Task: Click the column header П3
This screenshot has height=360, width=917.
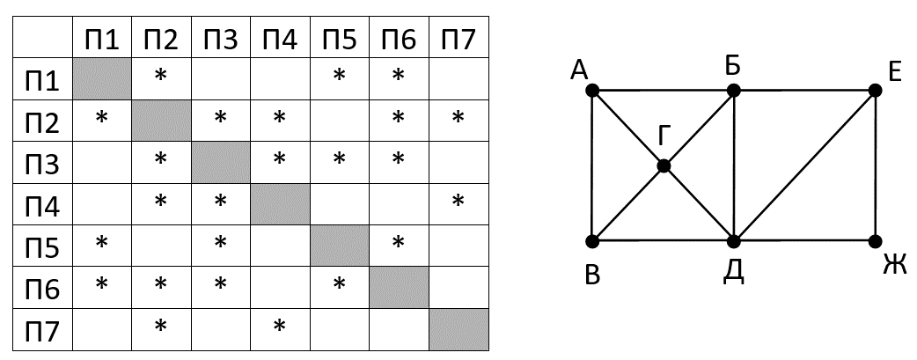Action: tap(221, 40)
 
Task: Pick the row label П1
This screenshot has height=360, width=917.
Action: tap(41, 80)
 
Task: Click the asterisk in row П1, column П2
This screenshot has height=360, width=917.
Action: tap(161, 77)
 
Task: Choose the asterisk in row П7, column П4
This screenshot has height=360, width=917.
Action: tap(280, 328)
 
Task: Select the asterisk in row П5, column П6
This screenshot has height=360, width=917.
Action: tap(399, 242)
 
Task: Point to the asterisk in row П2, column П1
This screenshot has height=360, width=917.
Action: tap(101, 117)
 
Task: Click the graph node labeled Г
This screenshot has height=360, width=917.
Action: tap(664, 165)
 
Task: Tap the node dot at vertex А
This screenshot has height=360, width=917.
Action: tap(592, 91)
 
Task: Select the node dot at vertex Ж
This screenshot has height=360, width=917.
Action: tap(875, 240)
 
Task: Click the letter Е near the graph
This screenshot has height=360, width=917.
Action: tap(896, 71)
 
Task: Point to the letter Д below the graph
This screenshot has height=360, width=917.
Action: tap(733, 271)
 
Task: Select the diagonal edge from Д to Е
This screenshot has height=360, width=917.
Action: tap(804, 165)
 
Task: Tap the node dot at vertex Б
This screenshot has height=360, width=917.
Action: tap(733, 91)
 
